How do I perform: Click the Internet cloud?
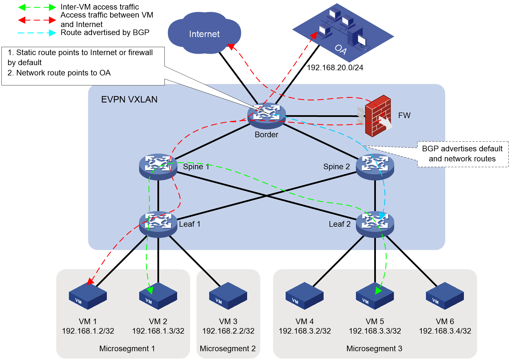[204, 33]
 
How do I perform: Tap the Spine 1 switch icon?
[158, 167]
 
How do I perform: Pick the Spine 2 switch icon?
[375, 167]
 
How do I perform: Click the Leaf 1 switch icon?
[158, 224]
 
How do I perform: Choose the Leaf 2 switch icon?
[375, 224]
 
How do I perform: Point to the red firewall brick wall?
[378, 116]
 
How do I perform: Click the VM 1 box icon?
[88, 296]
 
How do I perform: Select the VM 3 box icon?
[228, 296]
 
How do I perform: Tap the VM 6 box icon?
[445, 296]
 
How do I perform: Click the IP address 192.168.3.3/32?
[375, 331]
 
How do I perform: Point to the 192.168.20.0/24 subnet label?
[335, 67]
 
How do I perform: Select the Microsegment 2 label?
[228, 348]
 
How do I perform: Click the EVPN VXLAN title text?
[129, 100]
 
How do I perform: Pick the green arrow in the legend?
[37, 7]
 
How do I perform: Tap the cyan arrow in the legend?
[37, 33]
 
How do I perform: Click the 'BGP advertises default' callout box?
[463, 154]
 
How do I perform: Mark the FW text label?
[404, 115]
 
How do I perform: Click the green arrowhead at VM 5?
[379, 291]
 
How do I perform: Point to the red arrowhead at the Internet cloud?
[231, 47]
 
